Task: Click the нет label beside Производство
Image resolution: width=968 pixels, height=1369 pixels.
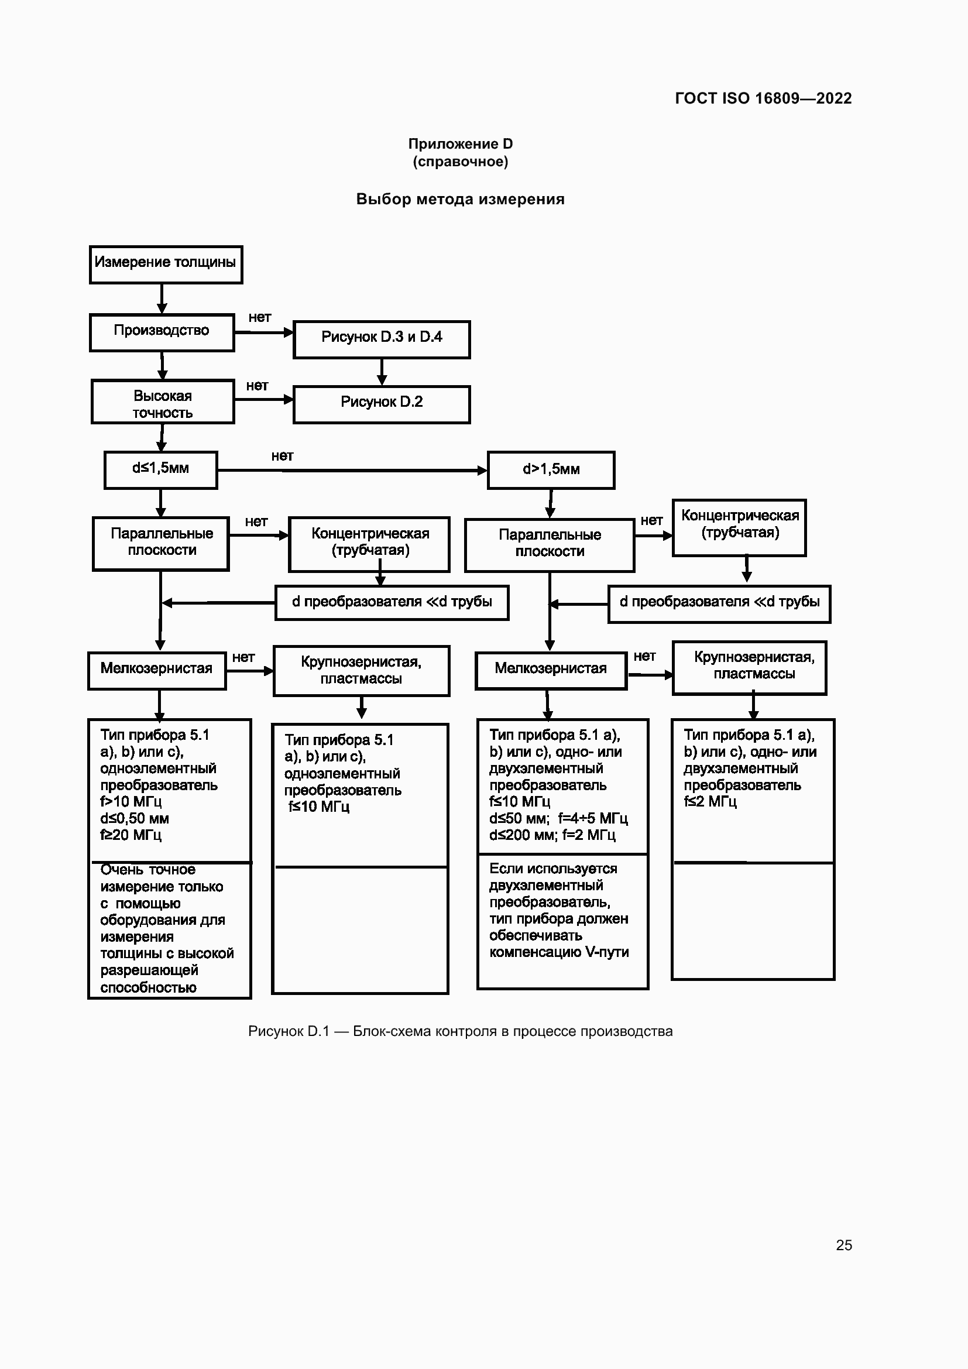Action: (260, 317)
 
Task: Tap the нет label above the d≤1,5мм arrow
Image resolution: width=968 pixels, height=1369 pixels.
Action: (283, 455)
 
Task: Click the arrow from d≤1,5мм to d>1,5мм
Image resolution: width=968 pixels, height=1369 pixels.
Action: (352, 471)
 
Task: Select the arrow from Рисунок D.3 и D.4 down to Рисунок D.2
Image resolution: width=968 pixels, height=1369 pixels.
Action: (382, 372)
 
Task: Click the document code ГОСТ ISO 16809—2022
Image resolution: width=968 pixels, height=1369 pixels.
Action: (764, 98)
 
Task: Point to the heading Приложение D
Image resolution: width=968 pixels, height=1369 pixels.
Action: (460, 144)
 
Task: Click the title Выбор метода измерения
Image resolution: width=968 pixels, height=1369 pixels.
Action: (460, 199)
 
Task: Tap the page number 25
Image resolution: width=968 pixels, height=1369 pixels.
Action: (844, 1245)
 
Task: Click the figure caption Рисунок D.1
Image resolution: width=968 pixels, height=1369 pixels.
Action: (289, 1031)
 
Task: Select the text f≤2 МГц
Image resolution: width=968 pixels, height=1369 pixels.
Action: (710, 801)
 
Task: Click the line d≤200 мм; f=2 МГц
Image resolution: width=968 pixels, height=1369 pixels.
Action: (552, 835)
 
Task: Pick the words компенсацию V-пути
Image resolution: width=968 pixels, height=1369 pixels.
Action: (559, 952)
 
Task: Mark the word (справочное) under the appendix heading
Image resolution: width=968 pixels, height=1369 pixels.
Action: (460, 162)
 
